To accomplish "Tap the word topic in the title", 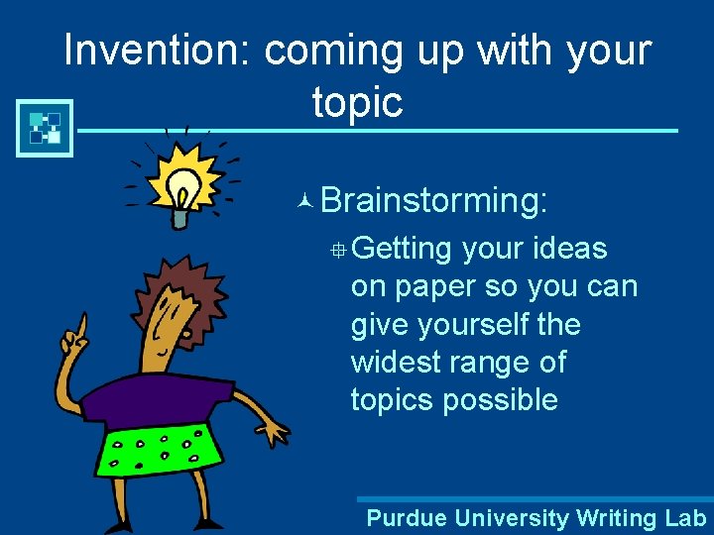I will point(357,101).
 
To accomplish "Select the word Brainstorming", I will point(433,200).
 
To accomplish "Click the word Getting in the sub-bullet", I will point(402,249).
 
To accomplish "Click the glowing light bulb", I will point(182,184).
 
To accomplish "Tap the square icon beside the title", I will point(46,128).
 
